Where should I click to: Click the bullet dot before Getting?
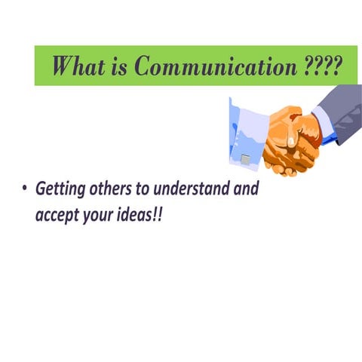tap(25, 189)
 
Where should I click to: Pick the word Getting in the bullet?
tap(59, 189)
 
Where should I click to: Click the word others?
tap(109, 189)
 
